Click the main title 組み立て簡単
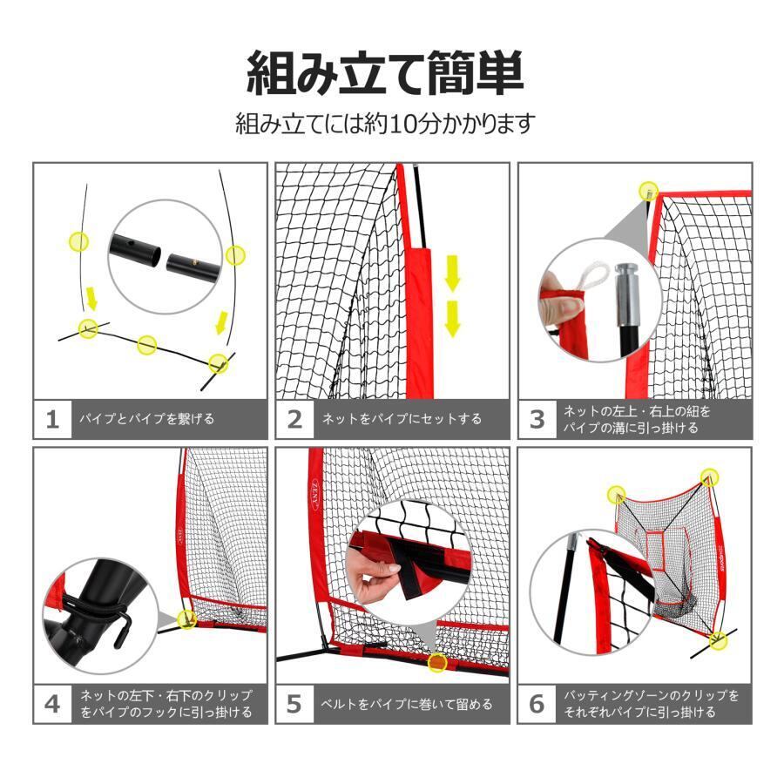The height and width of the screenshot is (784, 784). click(385, 73)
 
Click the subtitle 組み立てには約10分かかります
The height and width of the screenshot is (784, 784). click(385, 124)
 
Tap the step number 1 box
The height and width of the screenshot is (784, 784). click(53, 419)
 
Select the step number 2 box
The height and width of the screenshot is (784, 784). click(295, 419)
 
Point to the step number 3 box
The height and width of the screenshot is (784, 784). click(537, 419)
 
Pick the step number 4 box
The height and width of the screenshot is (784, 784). click(53, 704)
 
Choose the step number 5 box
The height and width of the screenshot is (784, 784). click(295, 704)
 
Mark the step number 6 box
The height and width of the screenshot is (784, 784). click(537, 704)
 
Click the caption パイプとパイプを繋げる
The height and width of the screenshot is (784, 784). click(146, 419)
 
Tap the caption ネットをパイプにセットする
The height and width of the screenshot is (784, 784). click(402, 419)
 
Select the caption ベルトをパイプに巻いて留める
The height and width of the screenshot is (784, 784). click(407, 704)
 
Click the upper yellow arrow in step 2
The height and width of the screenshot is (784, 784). click(452, 273)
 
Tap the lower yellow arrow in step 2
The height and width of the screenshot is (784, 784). click(452, 319)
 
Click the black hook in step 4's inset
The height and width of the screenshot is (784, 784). click(123, 630)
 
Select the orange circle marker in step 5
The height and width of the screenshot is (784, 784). click(437, 662)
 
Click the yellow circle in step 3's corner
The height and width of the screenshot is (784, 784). click(649, 191)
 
